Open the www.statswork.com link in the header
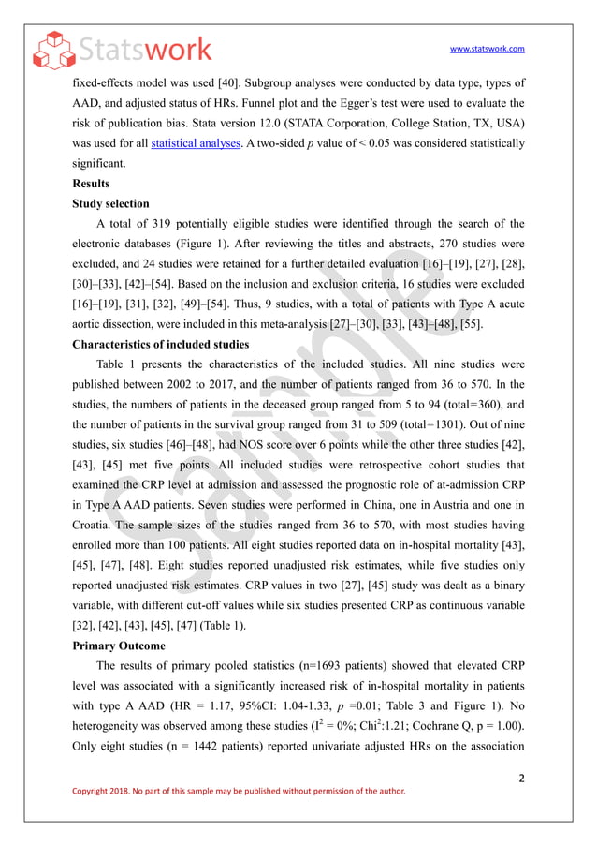point(488,49)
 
